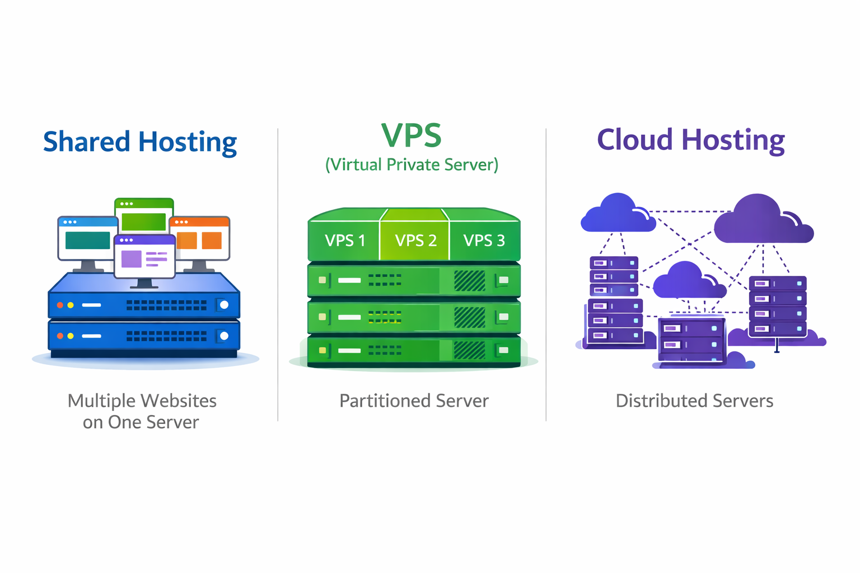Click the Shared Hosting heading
tap(140, 142)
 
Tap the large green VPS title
tap(412, 136)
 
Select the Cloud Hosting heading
tap(691, 140)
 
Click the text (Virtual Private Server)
tap(412, 165)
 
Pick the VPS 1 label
tap(345, 241)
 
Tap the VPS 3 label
tap(484, 241)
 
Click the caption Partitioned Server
tap(414, 401)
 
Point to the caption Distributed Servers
tap(694, 401)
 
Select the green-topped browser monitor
tap(144, 215)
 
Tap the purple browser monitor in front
tap(145, 257)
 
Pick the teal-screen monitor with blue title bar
tap(87, 239)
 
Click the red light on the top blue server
tap(60, 305)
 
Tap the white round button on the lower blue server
tap(225, 336)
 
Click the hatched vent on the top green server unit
tap(469, 281)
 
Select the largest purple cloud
tap(761, 220)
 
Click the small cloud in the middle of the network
tap(688, 281)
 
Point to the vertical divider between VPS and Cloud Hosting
tap(546, 274)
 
